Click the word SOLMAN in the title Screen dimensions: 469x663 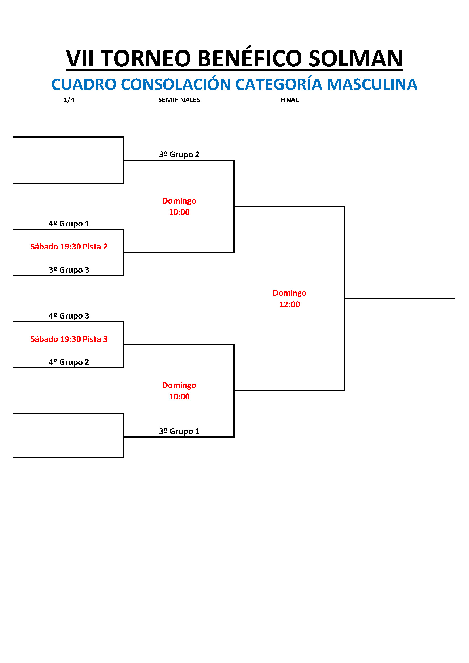tap(356, 58)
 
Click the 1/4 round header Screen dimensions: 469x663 tap(69, 100)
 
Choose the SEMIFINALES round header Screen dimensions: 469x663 tap(179, 100)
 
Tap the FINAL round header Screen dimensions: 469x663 tap(290, 100)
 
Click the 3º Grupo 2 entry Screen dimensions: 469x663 tap(179, 154)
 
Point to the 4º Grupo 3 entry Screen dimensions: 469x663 tap(69, 315)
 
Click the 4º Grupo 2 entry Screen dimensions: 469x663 tap(69, 362)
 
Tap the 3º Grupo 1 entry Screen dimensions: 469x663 tap(179, 431)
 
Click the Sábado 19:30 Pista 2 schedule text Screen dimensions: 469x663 tap(69, 247)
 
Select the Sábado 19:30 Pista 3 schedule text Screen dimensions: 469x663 tap(69, 339)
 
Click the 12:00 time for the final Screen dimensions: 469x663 tap(290, 304)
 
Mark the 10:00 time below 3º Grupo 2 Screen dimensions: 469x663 tap(179, 212)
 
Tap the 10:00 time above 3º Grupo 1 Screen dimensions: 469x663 tap(179, 397)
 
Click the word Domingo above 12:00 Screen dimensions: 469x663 tap(290, 293)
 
